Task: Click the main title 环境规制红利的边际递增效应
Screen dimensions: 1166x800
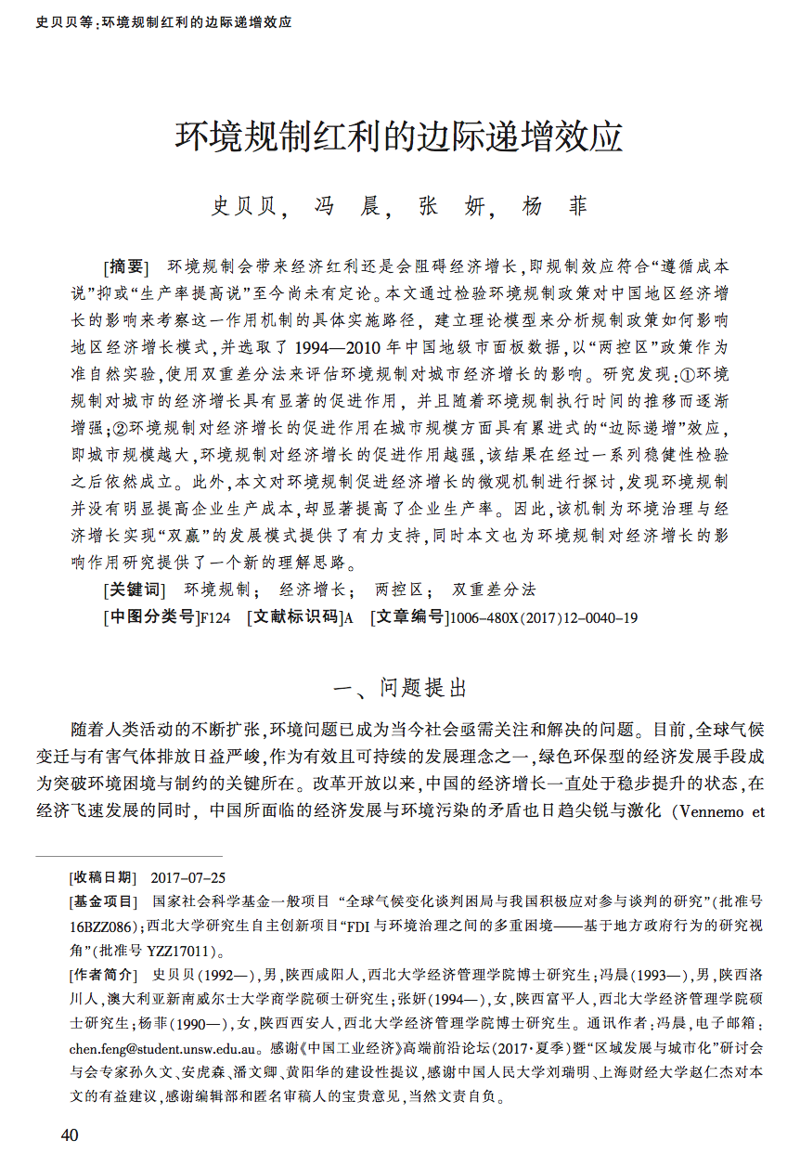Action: coord(399,137)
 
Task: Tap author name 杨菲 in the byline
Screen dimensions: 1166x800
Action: coord(554,206)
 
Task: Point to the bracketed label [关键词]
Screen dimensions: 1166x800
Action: coord(134,589)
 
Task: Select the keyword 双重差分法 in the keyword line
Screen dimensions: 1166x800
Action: coord(494,589)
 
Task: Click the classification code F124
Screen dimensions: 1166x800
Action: coord(214,617)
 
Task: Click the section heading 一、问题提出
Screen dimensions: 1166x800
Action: coord(400,688)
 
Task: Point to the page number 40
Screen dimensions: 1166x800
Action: coord(71,1135)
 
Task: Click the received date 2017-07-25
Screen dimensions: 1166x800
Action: coord(187,878)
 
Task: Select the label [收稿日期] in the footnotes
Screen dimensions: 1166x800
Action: coord(102,878)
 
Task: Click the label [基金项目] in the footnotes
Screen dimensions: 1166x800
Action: coord(102,901)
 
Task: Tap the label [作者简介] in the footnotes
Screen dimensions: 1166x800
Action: coord(102,975)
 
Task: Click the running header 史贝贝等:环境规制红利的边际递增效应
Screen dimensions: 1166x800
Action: coord(163,21)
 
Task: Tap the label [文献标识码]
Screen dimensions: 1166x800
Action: coord(294,617)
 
